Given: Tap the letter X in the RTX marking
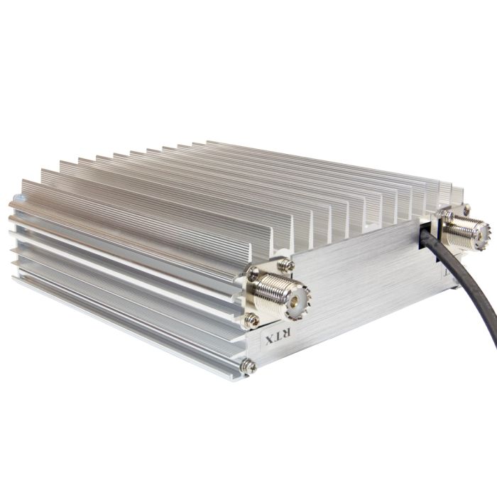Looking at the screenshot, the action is (x=269, y=339).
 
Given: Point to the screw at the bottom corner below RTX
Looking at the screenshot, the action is (x=248, y=366).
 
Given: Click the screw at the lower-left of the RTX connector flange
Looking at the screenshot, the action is (x=251, y=320).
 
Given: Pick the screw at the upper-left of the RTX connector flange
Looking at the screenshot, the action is (x=253, y=273).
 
